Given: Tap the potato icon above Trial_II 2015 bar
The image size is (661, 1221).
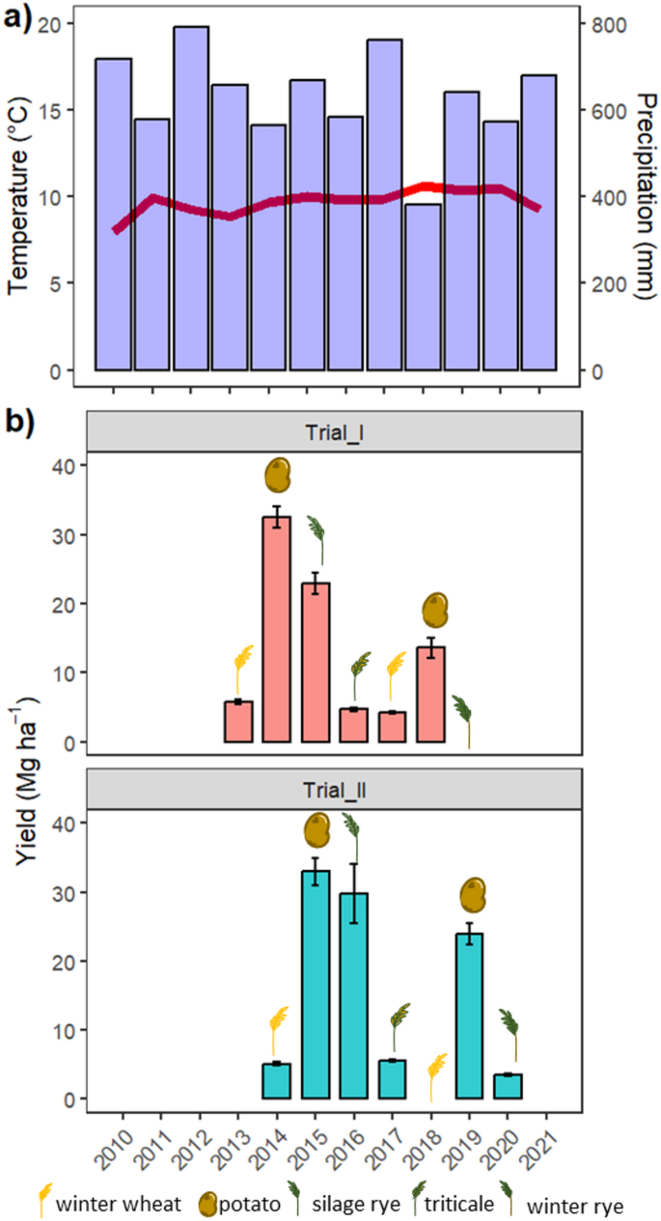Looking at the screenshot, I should [317, 829].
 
